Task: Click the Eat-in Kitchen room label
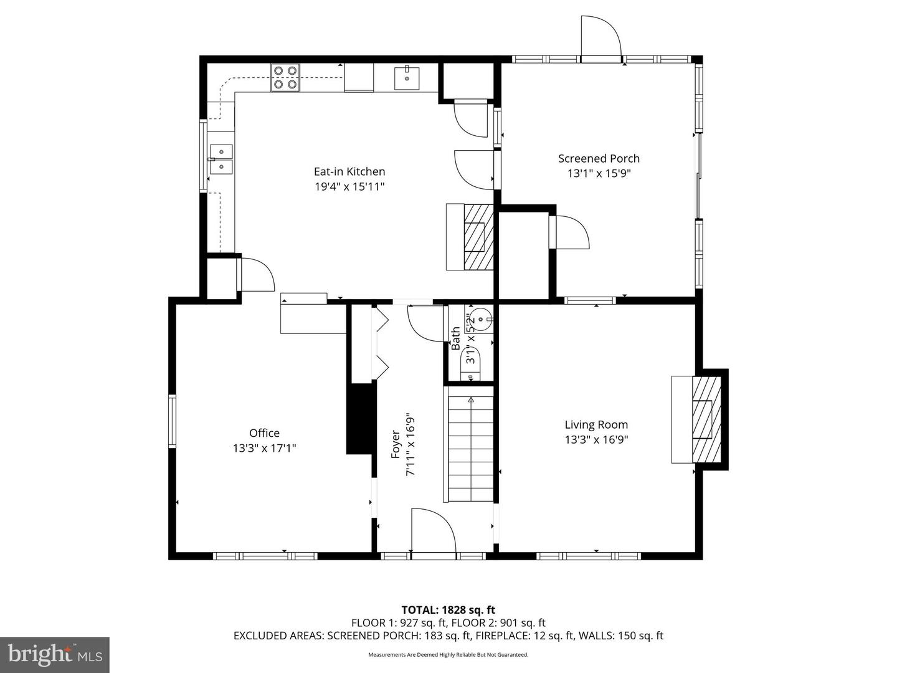(349, 171)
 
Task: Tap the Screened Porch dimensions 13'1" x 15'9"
(599, 174)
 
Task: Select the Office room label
(264, 433)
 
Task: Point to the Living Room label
(596, 425)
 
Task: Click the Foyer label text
(396, 444)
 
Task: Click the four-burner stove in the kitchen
(285, 78)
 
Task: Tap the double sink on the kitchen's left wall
(221, 159)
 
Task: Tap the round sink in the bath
(480, 319)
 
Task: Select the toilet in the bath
(470, 363)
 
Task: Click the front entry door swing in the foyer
(433, 530)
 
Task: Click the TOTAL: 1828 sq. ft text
(448, 610)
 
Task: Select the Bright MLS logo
(55, 654)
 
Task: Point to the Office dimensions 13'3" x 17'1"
(264, 448)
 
